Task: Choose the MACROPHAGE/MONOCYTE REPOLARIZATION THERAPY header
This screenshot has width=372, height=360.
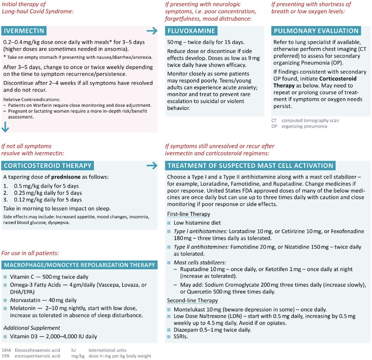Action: [80, 265]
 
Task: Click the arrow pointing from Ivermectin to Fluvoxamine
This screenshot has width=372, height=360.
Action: [152, 31]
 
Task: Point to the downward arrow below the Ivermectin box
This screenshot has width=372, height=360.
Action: [5, 127]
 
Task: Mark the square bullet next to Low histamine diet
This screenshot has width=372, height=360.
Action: [169, 223]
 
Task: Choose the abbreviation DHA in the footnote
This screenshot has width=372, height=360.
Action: [6, 350]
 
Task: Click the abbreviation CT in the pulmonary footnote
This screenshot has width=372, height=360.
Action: [274, 120]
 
